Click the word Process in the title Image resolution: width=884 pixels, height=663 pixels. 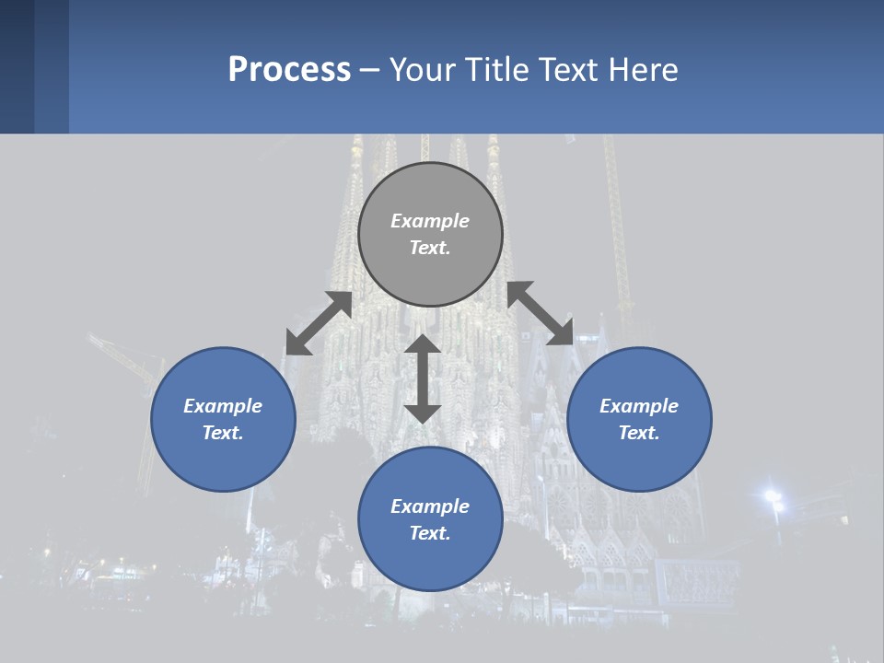(289, 70)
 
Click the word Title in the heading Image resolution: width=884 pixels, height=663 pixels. (491, 70)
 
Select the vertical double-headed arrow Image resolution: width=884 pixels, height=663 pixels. (423, 378)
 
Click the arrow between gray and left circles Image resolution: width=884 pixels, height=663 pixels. (319, 323)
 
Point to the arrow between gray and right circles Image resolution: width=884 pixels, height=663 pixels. (541, 313)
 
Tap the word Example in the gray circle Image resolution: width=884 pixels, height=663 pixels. (430, 221)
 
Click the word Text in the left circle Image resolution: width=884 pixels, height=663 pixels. (223, 433)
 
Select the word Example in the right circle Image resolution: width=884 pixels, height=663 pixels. (639, 406)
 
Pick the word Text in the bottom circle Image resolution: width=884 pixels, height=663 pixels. (430, 533)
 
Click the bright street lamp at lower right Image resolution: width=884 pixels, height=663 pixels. (773, 498)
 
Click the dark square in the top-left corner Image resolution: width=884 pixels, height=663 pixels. (17, 66)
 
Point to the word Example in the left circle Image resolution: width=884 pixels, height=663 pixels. (223, 406)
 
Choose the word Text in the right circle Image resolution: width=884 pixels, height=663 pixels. (639, 433)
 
